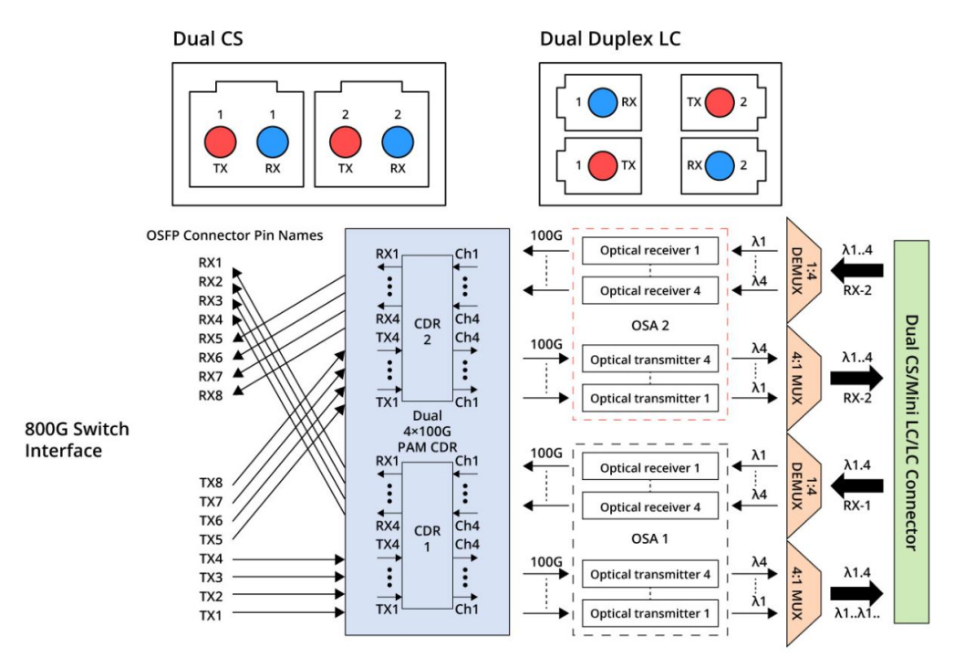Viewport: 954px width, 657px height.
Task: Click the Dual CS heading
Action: (208, 38)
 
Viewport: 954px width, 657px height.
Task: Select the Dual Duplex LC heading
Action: (610, 38)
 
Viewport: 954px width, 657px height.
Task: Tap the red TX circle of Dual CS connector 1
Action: (220, 141)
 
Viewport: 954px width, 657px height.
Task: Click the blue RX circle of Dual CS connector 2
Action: (398, 141)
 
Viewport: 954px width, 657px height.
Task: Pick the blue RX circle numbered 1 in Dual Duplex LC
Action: (602, 101)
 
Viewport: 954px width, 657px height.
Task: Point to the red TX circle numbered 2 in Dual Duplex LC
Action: (720, 101)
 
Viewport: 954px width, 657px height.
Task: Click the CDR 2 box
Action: (427, 328)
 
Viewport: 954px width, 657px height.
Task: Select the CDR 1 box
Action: (427, 536)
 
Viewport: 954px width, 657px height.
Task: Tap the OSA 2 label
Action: (649, 325)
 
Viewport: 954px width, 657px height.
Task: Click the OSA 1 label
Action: (649, 538)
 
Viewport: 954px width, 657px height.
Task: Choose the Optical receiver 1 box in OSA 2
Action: (649, 250)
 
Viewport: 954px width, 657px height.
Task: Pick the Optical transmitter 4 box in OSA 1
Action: (649, 574)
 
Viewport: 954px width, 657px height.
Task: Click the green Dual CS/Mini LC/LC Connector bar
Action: (911, 432)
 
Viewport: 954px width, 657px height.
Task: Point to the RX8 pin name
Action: (211, 396)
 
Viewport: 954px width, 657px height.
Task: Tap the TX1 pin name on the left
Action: (211, 616)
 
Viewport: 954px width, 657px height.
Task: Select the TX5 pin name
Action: (211, 539)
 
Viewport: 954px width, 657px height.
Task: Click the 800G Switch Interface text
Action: (77, 440)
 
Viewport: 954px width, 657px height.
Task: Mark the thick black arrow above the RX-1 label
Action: (856, 485)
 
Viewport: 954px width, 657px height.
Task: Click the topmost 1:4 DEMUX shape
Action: (804, 270)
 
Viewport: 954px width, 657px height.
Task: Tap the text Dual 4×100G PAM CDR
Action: (427, 432)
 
